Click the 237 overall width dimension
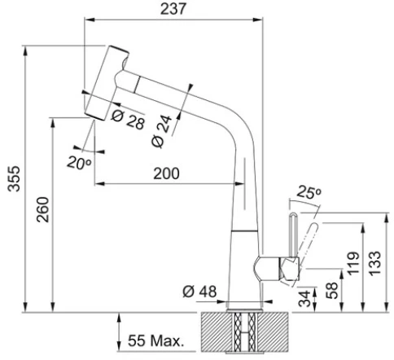pyautogui.click(x=173, y=9)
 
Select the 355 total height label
pyautogui.click(x=14, y=178)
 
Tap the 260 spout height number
pyautogui.click(x=43, y=210)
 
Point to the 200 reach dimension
pyautogui.click(x=166, y=173)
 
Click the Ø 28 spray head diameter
pyautogui.click(x=128, y=120)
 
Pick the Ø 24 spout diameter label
pyautogui.click(x=162, y=131)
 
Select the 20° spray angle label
pyautogui.click(x=79, y=163)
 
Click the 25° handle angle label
pyautogui.click(x=309, y=191)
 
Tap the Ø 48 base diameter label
pyautogui.click(x=199, y=292)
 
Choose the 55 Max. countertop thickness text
pyautogui.click(x=156, y=340)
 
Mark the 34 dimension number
pyautogui.click(x=304, y=298)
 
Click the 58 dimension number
pyautogui.click(x=332, y=291)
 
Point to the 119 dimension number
pyautogui.click(x=353, y=263)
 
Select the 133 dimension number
pyautogui.click(x=375, y=264)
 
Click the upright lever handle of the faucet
pyautogui.click(x=293, y=235)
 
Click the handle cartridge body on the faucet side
pyautogui.click(x=290, y=270)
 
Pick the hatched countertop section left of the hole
pyautogui.click(x=217, y=331)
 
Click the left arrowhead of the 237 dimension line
pyautogui.click(x=89, y=20)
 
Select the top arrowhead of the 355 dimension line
pyautogui.click(x=25, y=50)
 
